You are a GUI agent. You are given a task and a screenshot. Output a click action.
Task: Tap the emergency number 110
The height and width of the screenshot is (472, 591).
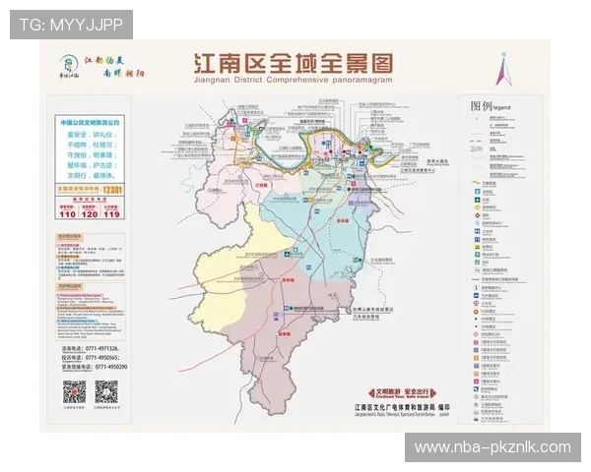[x=67, y=212]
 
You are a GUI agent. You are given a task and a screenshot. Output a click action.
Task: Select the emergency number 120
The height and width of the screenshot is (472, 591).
[x=90, y=212]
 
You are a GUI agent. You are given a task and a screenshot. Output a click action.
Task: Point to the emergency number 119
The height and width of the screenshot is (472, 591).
[x=112, y=212]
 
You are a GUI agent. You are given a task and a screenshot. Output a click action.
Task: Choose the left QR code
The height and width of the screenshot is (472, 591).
[x=76, y=391]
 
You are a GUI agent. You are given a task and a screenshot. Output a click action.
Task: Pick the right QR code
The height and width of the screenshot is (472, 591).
[x=105, y=391]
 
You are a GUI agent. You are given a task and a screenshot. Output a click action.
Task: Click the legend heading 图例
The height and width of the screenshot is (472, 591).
[x=481, y=105]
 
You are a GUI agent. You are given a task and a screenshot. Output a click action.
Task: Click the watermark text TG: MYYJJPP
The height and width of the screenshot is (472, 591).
[x=70, y=24]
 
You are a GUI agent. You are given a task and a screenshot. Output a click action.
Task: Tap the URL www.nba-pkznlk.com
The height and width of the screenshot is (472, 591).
[x=492, y=447]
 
